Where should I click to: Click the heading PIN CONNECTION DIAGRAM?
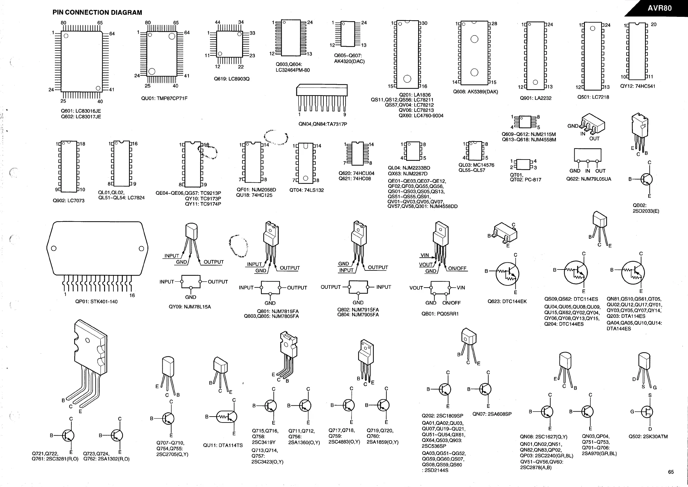point(97,12)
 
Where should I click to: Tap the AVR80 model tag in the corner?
point(660,8)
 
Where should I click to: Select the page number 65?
point(671,472)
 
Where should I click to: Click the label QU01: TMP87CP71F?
point(164,98)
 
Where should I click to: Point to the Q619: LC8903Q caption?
point(232,79)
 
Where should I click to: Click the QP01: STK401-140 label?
point(96,302)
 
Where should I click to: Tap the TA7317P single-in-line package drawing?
point(322,97)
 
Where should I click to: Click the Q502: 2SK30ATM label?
point(648,437)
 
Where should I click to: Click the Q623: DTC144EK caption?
point(507,301)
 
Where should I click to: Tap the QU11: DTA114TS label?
point(223,445)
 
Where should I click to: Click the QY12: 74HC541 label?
point(638,86)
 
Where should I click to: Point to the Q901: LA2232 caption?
point(536,98)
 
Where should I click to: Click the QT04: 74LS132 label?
point(307,190)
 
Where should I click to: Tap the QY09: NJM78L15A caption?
point(190,307)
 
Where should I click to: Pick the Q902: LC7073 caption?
point(69,200)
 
